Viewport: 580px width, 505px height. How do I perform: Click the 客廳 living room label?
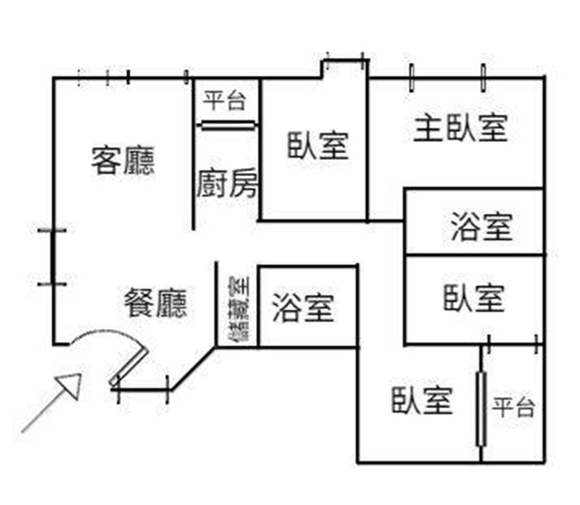[123, 161]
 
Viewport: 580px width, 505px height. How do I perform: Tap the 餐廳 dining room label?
[156, 303]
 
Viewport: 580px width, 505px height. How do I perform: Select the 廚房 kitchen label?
[227, 184]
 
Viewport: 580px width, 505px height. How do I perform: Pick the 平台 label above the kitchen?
[225, 100]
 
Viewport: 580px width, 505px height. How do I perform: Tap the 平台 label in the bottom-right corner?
[514, 407]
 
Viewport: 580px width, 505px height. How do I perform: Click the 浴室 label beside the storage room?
[304, 307]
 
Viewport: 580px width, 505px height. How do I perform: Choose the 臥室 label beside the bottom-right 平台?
[422, 400]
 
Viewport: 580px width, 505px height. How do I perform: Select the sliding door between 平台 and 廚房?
[228, 125]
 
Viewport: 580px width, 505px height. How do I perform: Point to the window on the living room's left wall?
[53, 257]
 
